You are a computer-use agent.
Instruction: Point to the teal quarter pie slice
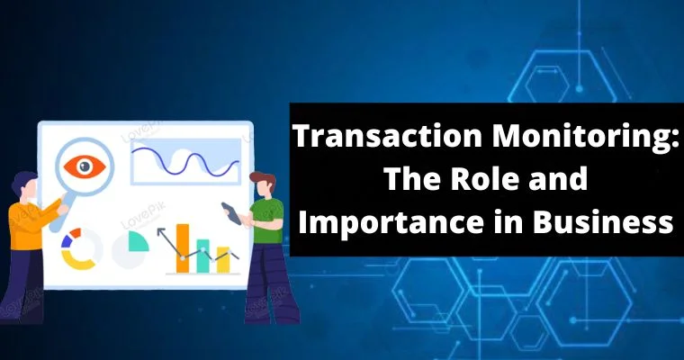137,241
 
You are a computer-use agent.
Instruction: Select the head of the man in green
262,185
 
